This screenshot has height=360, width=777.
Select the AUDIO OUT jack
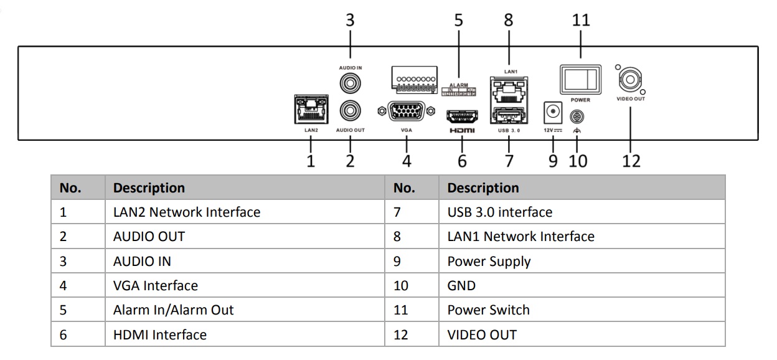pos(350,112)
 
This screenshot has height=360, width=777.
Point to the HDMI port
pos(461,115)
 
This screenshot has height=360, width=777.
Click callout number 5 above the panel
pos(459,20)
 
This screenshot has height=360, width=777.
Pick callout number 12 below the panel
pos(631,161)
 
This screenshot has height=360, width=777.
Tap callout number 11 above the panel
pos(580,20)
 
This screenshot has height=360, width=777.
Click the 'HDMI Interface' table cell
pos(159,334)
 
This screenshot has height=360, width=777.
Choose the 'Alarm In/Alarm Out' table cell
pos(173,310)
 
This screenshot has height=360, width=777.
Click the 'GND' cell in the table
pos(461,285)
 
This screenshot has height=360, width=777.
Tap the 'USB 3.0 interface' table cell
pos(499,212)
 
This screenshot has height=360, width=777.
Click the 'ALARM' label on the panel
pos(458,85)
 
